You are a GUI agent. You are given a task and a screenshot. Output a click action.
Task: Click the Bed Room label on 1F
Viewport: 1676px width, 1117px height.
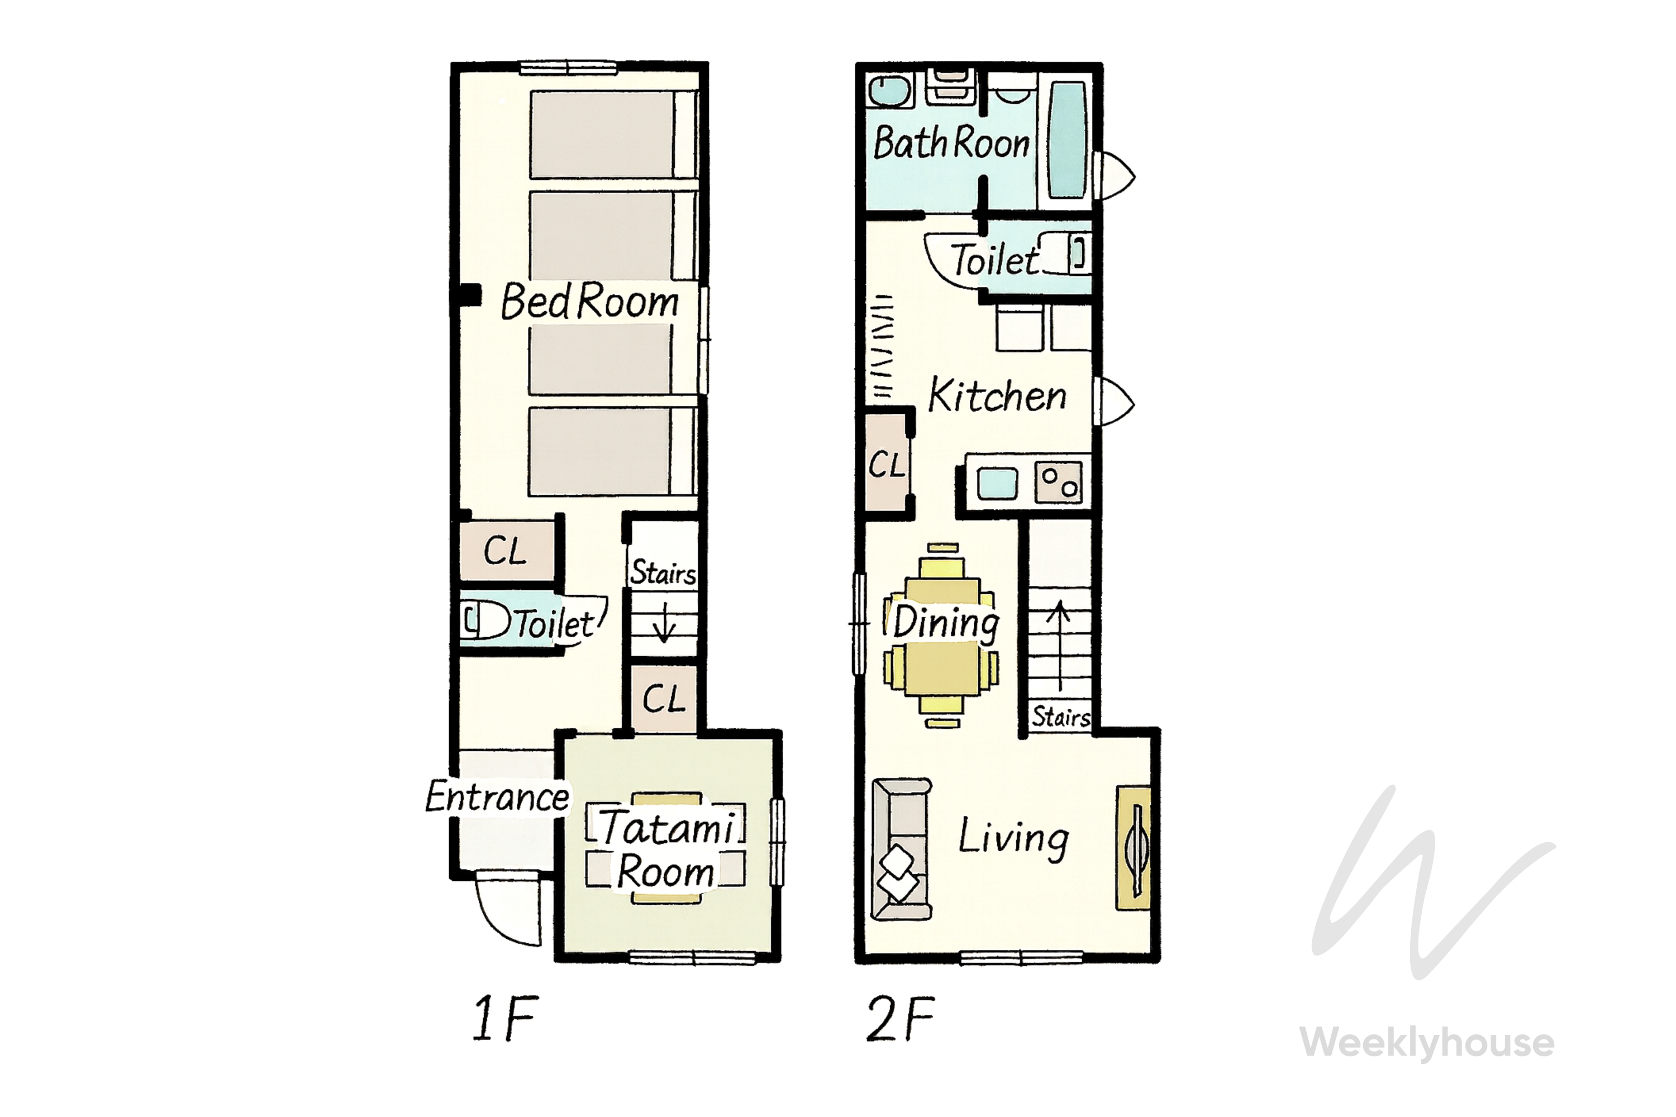(x=590, y=302)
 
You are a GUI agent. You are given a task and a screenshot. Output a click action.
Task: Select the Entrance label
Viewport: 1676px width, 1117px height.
(x=497, y=796)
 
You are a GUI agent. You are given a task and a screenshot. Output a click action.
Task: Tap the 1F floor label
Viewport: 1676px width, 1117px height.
(x=504, y=1018)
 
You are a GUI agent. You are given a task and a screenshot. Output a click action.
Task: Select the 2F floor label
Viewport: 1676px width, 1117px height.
(x=900, y=1018)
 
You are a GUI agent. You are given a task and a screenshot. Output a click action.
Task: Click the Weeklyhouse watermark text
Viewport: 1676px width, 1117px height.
(x=1427, y=1042)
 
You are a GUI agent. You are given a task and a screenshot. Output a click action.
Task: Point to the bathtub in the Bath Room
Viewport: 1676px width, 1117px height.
(x=1066, y=140)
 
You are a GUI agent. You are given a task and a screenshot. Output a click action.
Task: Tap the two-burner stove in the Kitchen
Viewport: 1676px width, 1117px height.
(x=1058, y=483)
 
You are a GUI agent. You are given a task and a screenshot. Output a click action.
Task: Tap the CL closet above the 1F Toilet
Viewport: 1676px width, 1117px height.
(x=506, y=550)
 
